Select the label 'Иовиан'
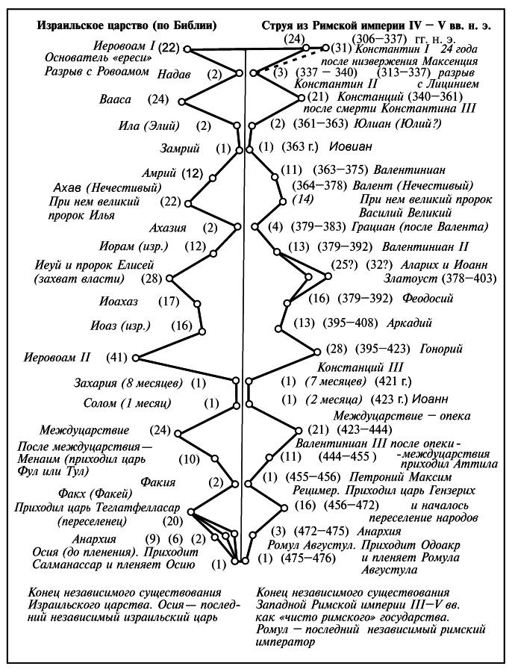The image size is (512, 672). click(351, 147)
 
